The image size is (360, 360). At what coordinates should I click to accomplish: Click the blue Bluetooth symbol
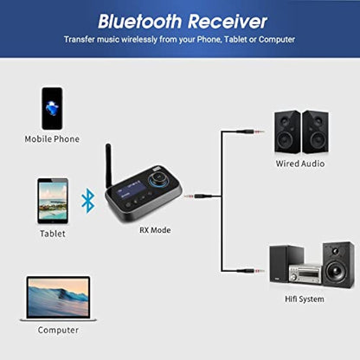coord(87,202)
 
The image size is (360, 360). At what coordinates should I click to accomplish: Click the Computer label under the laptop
coord(58,330)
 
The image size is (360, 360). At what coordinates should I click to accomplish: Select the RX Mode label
coord(156,230)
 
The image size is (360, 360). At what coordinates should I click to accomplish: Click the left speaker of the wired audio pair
coord(287,132)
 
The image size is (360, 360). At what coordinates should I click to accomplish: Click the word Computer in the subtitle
coord(276,40)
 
